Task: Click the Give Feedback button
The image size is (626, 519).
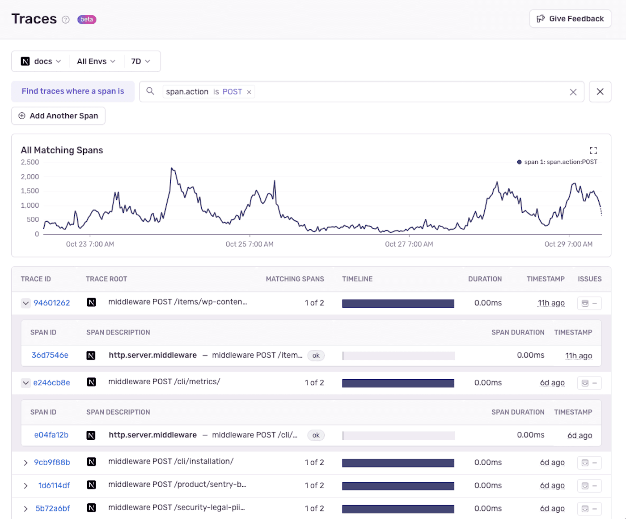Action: point(570,19)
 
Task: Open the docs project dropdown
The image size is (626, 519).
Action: point(41,61)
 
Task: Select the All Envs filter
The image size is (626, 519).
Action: point(96,61)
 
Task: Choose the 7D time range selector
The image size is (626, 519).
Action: point(140,61)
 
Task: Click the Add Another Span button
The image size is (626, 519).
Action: point(58,116)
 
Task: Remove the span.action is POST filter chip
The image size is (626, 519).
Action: point(249,92)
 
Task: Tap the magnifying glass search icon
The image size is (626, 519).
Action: point(150,91)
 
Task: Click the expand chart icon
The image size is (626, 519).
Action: point(593,150)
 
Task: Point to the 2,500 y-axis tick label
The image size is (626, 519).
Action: point(30,162)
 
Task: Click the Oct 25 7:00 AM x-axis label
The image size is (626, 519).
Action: point(250,244)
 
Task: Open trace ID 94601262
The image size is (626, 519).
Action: point(52,303)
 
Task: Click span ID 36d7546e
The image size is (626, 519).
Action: point(50,356)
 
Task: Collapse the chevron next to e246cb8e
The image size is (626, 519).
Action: point(25,383)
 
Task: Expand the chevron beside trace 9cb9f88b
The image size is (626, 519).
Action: point(25,463)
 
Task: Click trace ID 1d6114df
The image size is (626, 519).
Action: point(54,485)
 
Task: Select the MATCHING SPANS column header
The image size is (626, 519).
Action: point(295,279)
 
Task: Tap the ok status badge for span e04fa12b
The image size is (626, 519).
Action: point(316,435)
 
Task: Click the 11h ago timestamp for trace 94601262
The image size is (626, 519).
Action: point(551,303)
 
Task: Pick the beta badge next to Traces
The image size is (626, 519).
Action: point(87,20)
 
